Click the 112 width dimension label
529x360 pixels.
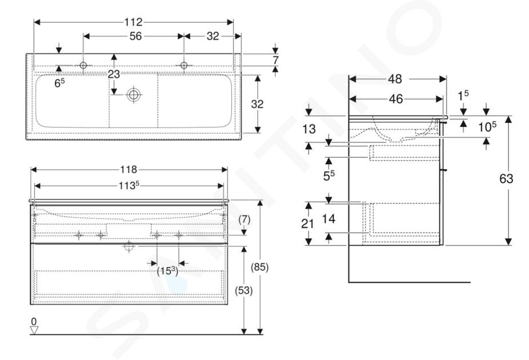pos(133,22)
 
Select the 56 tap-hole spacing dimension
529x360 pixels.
pos(135,36)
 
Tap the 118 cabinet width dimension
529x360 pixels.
pos(129,169)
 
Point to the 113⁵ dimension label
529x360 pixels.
pos(129,186)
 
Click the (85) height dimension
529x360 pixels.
pos(259,267)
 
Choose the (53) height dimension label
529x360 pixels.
pos(243,290)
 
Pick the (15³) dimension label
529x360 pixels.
pos(167,271)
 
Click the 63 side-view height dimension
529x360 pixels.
pos(506,178)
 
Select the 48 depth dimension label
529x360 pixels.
pos(395,79)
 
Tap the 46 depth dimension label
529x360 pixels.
pos(396,99)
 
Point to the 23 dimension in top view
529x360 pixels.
pos(114,74)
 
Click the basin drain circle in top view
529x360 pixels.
pos(133,95)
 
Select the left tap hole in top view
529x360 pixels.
pos(83,65)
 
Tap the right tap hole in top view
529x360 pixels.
pos(184,65)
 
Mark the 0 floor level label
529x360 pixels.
pos(34,322)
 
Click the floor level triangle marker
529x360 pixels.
pos(34,330)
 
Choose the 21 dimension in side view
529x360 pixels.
pos(307,223)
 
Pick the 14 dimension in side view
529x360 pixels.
pos(328,219)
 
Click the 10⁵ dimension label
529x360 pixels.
pos(487,126)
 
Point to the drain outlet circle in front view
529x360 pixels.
pos(129,246)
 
